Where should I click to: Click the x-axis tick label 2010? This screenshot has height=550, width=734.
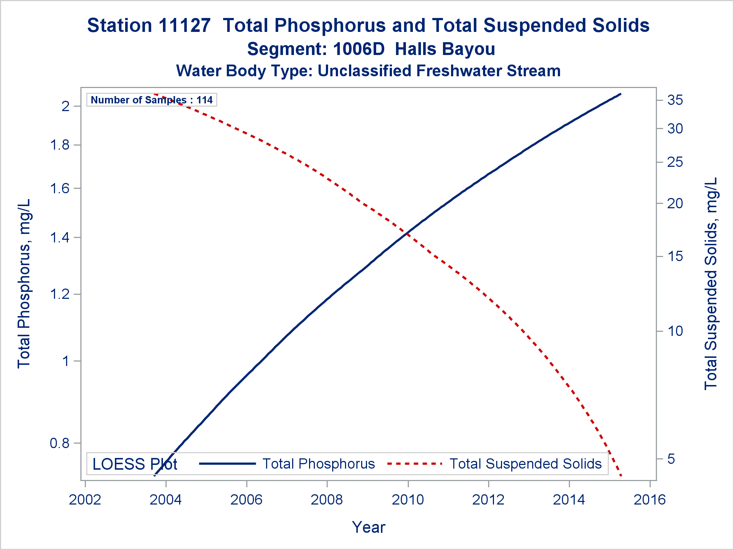(408, 500)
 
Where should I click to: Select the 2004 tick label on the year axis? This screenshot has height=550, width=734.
(166, 500)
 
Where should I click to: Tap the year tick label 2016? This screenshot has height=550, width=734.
(650, 500)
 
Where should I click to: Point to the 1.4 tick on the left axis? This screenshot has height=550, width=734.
(60, 238)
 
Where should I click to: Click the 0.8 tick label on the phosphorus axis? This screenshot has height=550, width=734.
(60, 444)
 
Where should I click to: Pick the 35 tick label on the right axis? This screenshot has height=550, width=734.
(675, 100)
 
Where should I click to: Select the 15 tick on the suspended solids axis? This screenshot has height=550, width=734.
(675, 256)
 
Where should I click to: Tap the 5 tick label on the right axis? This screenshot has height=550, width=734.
(671, 459)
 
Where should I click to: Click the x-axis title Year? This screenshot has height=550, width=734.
(368, 527)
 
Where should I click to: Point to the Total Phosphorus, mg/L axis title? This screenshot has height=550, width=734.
(24, 283)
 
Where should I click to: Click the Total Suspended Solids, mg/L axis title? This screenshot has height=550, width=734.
(711, 283)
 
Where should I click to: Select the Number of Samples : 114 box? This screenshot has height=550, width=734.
(152, 100)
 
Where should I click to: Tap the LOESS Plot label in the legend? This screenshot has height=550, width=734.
(135, 464)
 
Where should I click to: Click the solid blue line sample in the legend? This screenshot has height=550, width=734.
(227, 464)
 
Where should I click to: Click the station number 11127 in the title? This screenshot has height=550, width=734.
(185, 26)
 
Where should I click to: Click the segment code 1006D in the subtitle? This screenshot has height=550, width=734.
(359, 49)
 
